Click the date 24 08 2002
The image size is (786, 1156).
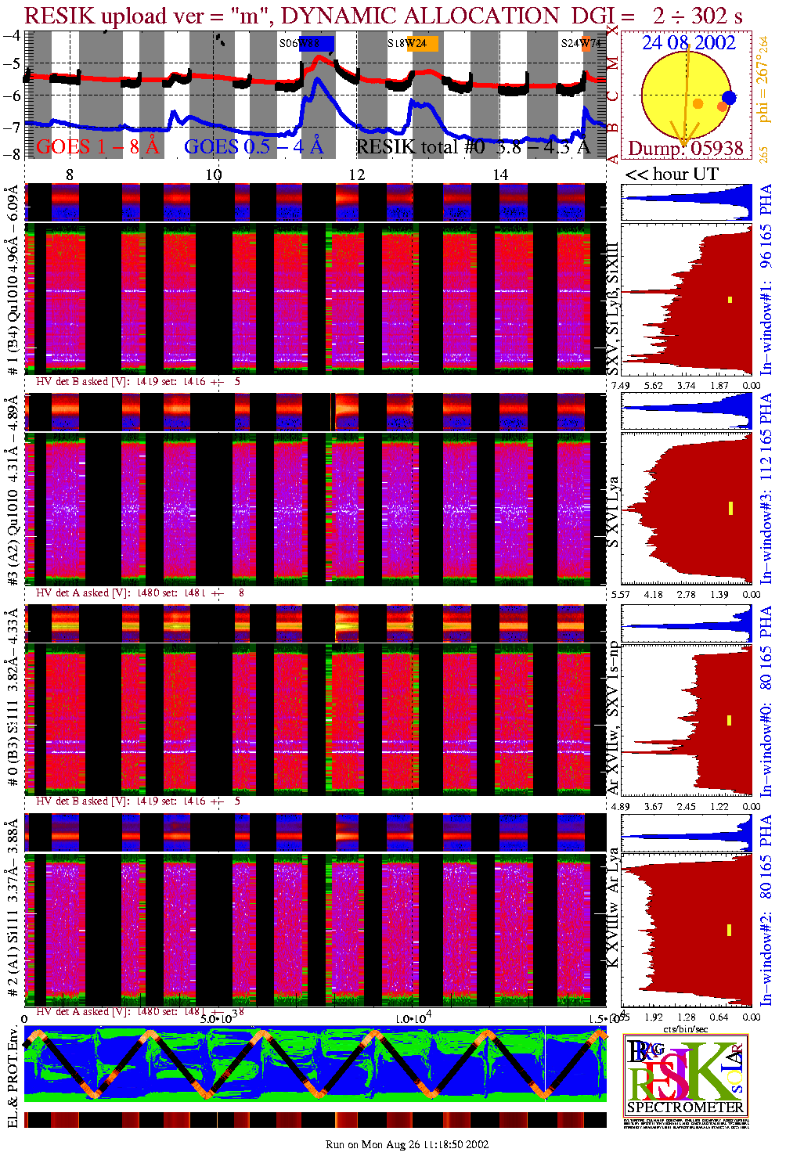click(688, 43)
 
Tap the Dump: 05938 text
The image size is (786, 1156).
click(686, 148)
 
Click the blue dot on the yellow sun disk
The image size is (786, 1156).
click(729, 98)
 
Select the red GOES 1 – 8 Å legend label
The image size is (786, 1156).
click(97, 146)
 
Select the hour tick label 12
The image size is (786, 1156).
click(357, 175)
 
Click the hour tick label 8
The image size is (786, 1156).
click(70, 175)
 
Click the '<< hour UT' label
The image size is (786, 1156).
click(671, 175)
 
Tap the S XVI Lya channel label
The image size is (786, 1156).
click(614, 512)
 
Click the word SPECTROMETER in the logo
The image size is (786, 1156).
click(686, 1107)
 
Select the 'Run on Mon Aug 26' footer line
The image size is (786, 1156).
click(406, 1144)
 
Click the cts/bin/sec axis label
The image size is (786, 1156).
click(686, 1028)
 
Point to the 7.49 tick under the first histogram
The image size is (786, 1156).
click(620, 386)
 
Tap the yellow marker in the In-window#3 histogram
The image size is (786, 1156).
click(730, 508)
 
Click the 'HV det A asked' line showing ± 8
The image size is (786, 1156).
click(140, 592)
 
